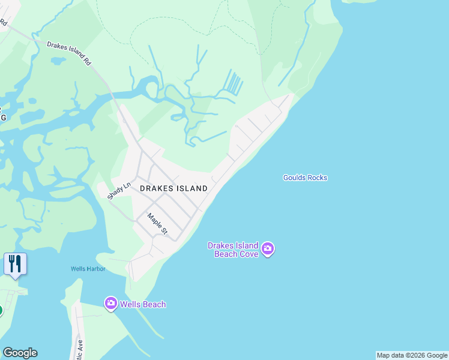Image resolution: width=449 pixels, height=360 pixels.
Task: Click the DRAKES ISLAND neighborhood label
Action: coord(173,188)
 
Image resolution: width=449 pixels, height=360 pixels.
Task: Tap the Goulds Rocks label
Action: coord(305,178)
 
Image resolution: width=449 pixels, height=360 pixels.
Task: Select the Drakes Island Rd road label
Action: coord(69,53)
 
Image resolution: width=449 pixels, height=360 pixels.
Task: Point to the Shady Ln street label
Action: coord(119,191)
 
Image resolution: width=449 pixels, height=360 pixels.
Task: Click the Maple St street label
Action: coord(157,224)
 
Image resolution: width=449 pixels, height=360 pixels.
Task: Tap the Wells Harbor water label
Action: coord(88,269)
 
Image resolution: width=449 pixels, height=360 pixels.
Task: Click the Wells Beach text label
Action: coord(142,304)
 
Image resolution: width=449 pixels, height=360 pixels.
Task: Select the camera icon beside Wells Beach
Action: coord(110,304)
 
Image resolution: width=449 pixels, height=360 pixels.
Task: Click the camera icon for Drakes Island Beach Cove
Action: coord(268,248)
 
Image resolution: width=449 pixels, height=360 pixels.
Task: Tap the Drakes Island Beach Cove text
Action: coord(233,250)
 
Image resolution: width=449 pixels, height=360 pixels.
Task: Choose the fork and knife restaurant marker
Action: coord(15,263)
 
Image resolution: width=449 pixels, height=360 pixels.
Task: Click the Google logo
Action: coord(20,353)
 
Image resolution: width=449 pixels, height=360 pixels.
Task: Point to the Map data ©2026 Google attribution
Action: coord(412,356)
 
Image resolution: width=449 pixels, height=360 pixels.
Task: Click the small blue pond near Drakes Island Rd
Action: coord(58,61)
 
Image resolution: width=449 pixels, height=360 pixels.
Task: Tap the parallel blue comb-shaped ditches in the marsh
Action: coord(235,83)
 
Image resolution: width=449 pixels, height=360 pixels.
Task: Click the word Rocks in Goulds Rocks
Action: coord(316,178)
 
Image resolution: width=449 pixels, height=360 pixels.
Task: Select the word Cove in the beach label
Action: coord(247,254)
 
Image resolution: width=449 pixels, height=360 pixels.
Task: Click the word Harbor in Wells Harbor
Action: coord(96,269)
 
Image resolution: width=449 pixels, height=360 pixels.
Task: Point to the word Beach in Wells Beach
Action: coord(152,304)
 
